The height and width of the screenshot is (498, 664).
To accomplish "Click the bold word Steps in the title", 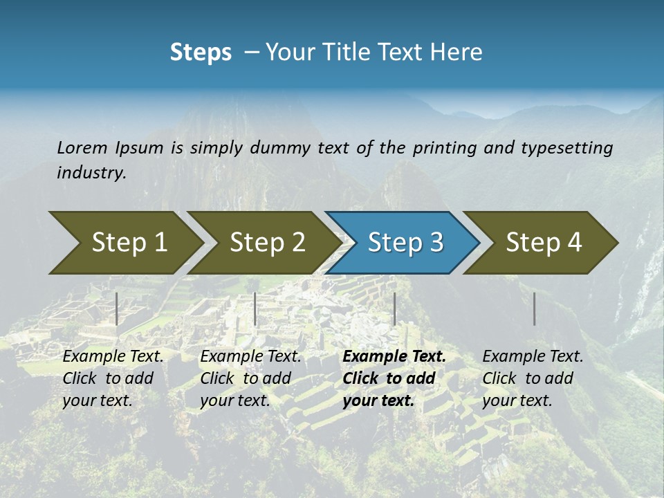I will point(201,52).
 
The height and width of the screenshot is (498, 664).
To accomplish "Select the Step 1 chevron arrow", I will point(124,242).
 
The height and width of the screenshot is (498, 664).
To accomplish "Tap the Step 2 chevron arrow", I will point(263,242).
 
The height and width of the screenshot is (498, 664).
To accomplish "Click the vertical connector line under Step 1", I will point(117,308).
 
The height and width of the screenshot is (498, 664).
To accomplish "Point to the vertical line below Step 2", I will point(255,308).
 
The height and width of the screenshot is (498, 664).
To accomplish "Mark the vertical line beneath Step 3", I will point(394,308).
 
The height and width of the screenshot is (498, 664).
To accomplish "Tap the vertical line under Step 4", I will point(534,308).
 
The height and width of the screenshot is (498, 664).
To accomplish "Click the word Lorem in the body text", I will point(82,147).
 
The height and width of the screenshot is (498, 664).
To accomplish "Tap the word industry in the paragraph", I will point(90,172).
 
